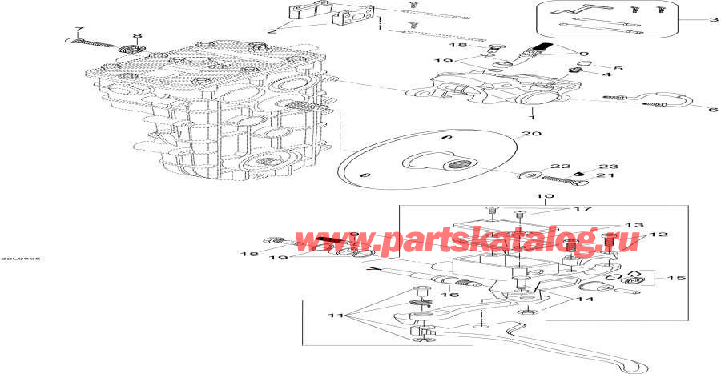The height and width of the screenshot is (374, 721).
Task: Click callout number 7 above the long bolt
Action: [x=79, y=30]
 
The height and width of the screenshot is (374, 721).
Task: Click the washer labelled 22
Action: [x=529, y=174]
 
